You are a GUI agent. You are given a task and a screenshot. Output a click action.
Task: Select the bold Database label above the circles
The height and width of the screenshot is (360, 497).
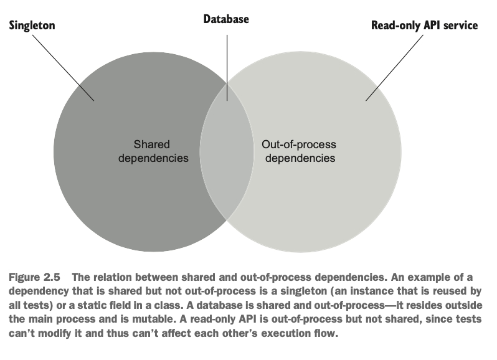point(226,19)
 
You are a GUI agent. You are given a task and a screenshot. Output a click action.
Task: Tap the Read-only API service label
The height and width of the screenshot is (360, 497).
point(424,26)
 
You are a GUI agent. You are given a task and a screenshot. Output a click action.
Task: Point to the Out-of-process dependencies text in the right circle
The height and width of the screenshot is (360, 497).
point(300,151)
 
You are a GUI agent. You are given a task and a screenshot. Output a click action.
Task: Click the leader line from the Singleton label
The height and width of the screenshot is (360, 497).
point(62,66)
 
